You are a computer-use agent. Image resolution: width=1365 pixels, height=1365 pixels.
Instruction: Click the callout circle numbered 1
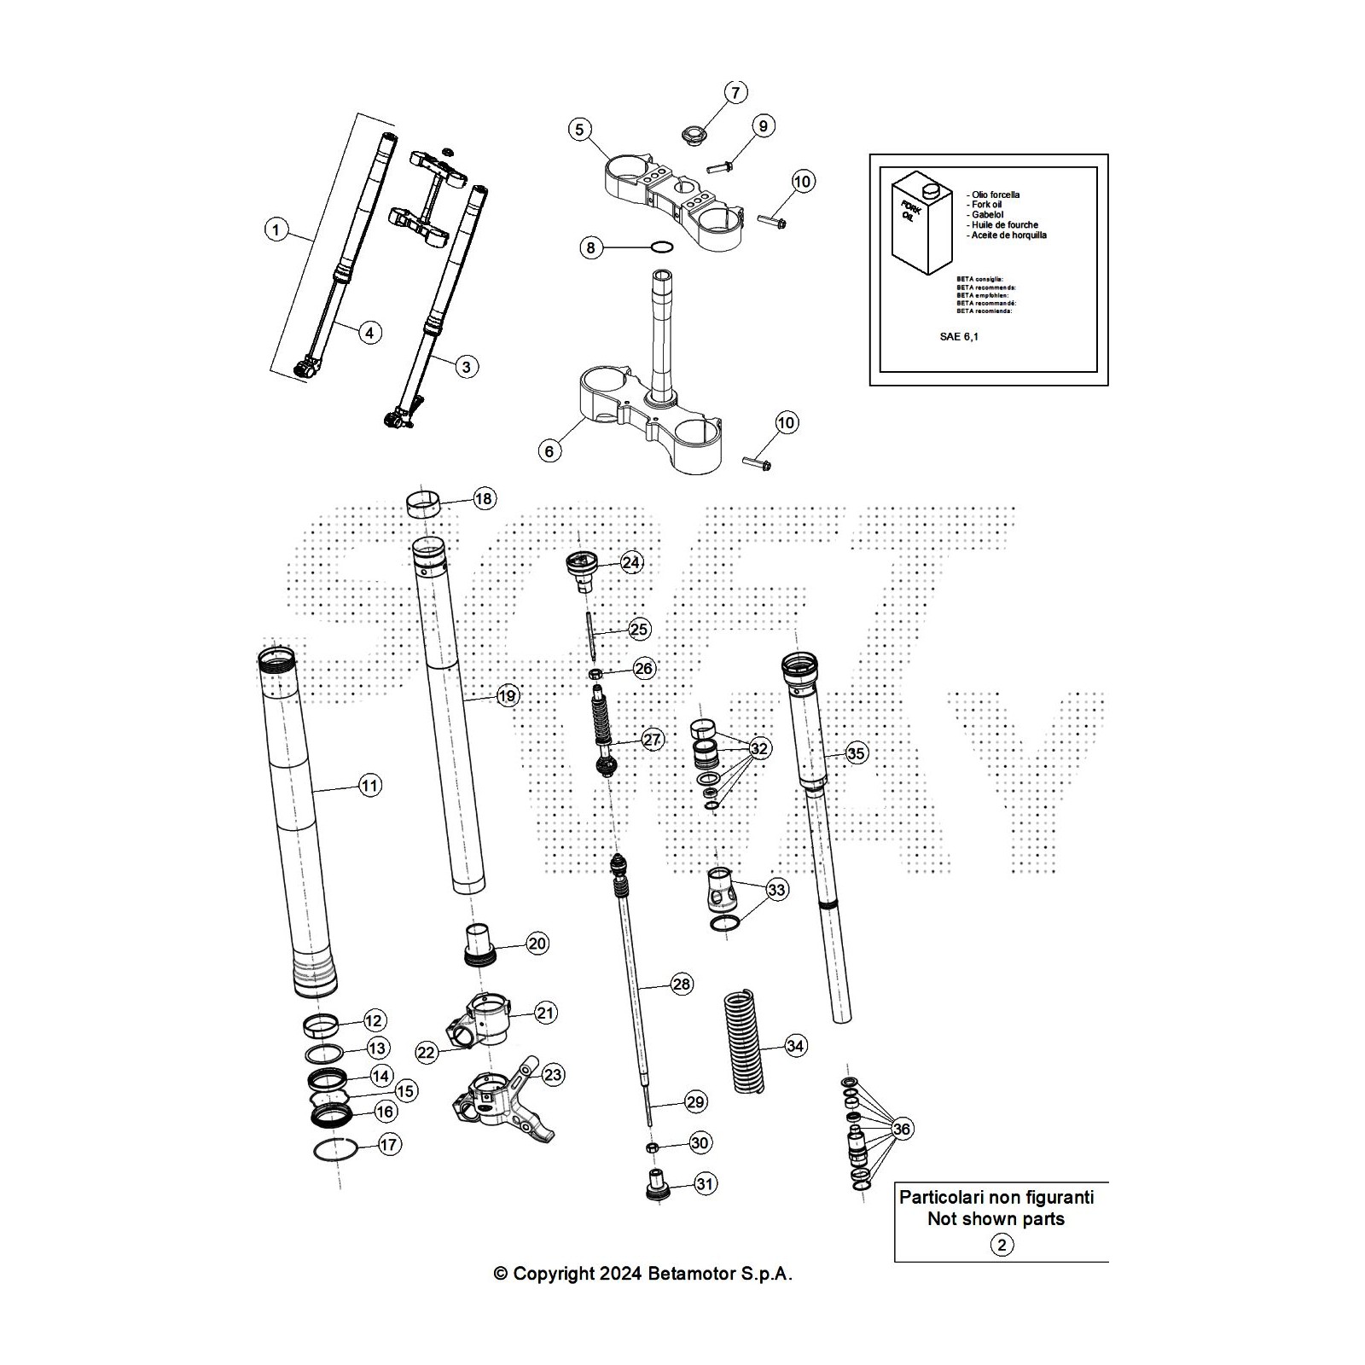[276, 229]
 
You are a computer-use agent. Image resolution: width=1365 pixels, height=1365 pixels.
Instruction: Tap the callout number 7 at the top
[735, 92]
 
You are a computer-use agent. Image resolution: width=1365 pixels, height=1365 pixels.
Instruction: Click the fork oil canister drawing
[916, 224]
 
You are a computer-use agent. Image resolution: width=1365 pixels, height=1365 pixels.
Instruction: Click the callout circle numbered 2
[1002, 1245]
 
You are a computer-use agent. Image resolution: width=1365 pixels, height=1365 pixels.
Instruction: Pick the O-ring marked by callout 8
[661, 248]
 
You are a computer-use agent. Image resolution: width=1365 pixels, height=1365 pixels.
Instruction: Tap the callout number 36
[902, 1129]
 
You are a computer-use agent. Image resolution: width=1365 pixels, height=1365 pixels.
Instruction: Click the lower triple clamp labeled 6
[648, 409]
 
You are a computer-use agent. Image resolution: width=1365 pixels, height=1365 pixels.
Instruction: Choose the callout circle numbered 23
[553, 1075]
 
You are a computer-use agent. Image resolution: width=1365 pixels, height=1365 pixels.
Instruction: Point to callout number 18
[484, 499]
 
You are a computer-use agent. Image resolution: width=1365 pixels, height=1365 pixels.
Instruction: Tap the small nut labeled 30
[653, 1145]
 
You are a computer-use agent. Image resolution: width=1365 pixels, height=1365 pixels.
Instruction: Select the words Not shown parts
[996, 1219]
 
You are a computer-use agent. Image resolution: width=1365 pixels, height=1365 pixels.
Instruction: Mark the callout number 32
[758, 749]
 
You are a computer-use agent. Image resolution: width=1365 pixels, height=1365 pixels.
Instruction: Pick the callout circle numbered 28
[682, 984]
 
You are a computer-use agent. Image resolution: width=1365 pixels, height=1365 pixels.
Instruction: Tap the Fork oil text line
[986, 205]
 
